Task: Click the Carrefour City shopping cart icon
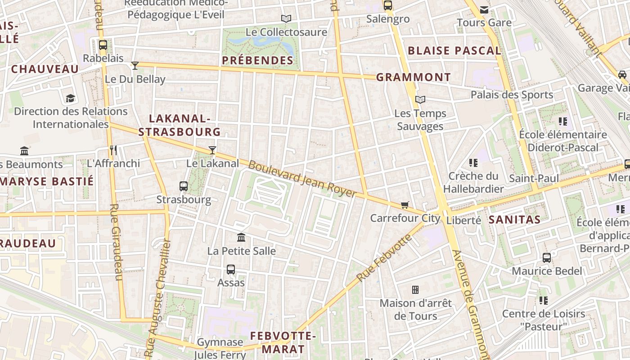coord(405,205)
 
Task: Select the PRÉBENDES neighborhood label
coord(258,60)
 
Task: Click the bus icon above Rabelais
coord(103,45)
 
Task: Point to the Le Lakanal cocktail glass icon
coord(212,150)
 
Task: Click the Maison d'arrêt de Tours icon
coord(415,290)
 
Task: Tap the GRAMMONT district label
coord(413,77)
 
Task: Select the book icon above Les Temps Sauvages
coord(420,99)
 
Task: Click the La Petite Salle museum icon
coord(241,237)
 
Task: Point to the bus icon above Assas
coord(231,270)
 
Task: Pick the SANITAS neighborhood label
coord(514,220)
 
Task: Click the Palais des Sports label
coord(512,94)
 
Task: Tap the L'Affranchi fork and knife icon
coord(113,150)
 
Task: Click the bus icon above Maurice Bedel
coord(547,258)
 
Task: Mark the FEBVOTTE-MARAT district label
coord(283,342)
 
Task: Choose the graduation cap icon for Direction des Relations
coord(70,98)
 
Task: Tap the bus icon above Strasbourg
coord(184,186)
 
